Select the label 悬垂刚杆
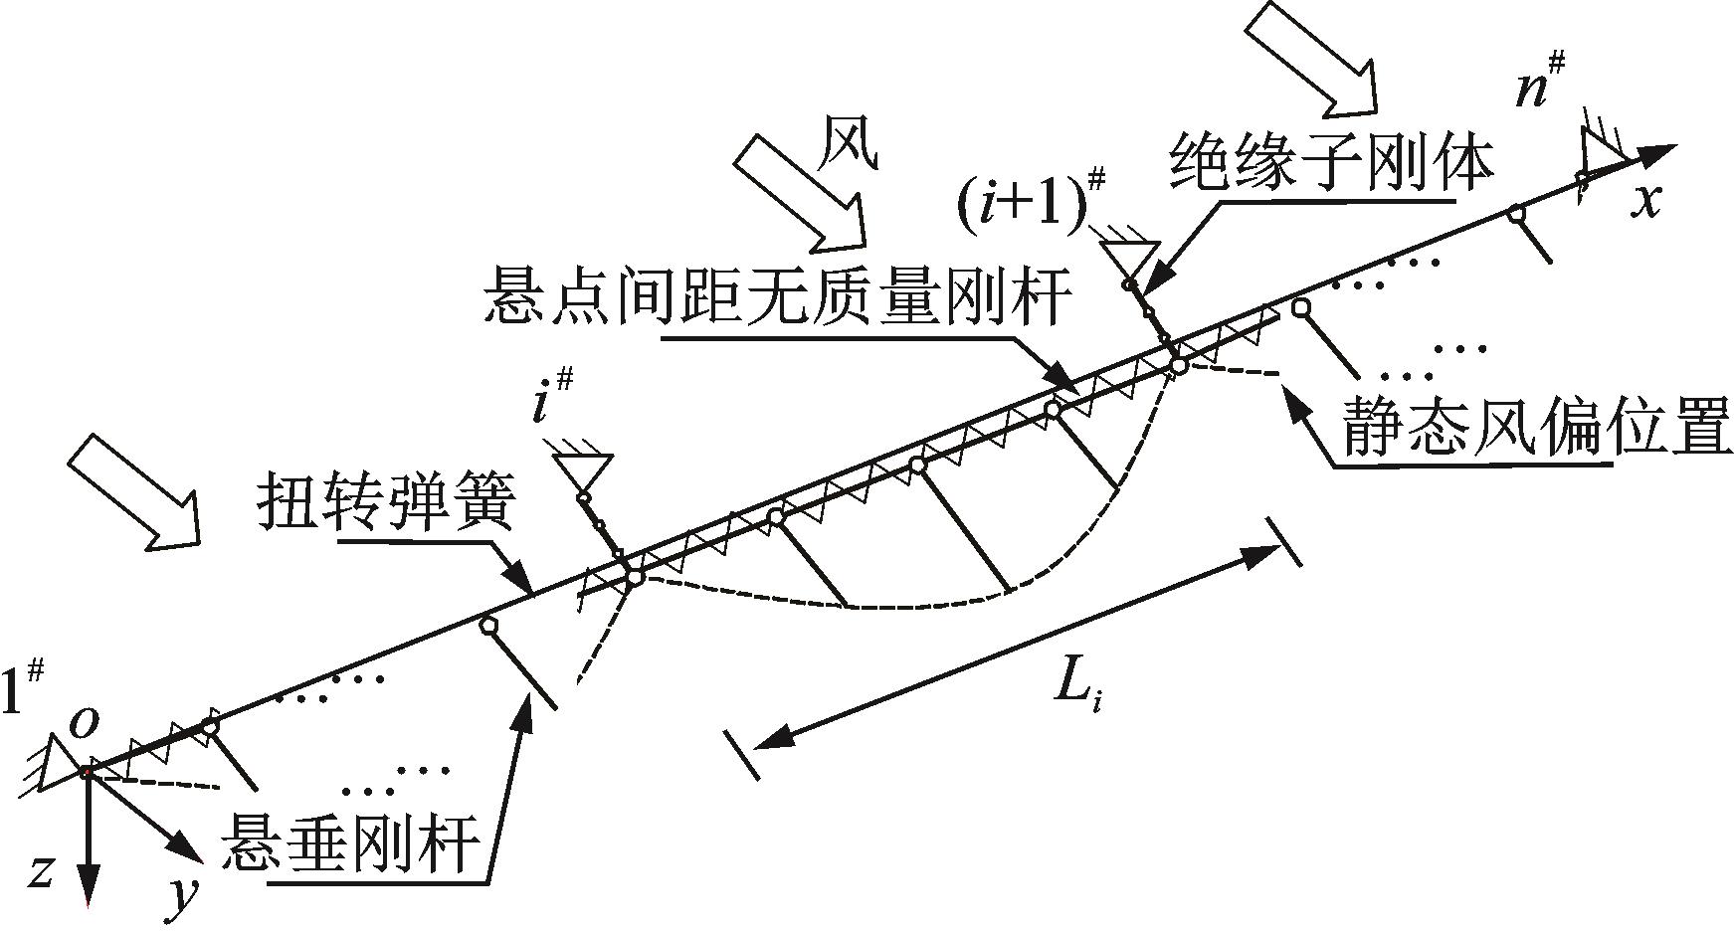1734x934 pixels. pos(353,844)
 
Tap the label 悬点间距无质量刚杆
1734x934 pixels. pos(779,295)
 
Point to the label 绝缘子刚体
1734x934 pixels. pos(1333,163)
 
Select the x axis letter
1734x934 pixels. pos(1648,201)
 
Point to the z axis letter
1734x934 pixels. pos(39,872)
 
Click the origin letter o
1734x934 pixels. pos(86,723)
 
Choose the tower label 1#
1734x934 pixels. pos(22,685)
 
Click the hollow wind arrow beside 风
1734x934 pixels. pos(799,191)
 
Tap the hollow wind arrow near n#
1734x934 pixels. pos(1312,57)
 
